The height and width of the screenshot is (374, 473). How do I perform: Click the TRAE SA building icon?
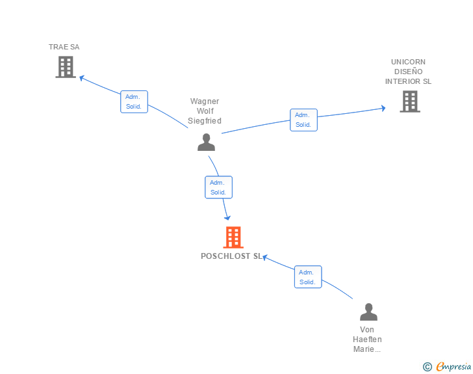pos(65,67)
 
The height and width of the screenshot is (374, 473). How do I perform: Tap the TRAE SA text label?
pos(64,47)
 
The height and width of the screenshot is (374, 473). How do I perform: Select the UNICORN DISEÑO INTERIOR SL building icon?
pos(409,101)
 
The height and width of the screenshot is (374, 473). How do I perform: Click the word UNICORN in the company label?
pos(408,62)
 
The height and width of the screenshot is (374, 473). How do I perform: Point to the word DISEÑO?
pos(408,72)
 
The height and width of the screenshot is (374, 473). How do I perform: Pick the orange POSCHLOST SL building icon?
pos(233,237)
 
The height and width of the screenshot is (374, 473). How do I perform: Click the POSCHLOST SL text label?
pos(231,256)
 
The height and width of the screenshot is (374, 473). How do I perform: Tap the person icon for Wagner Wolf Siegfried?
pos(206,142)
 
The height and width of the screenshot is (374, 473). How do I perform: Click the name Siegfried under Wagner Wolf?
pos(205,121)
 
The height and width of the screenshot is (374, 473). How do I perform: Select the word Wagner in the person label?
pos(205,101)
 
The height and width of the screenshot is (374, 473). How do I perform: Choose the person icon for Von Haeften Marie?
pos(368,312)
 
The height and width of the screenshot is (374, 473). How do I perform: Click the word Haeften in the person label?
pos(367,340)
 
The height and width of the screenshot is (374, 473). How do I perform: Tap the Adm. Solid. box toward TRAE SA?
pos(134,101)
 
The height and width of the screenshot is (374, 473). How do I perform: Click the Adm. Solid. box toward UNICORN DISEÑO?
pos(303,120)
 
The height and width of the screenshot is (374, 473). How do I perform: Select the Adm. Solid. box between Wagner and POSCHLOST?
pos(218,187)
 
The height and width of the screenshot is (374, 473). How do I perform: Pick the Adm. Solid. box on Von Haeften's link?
pos(307,277)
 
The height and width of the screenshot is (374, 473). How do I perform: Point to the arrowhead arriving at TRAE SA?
pos(82,77)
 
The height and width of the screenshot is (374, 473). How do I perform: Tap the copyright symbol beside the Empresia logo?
pos(427,367)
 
